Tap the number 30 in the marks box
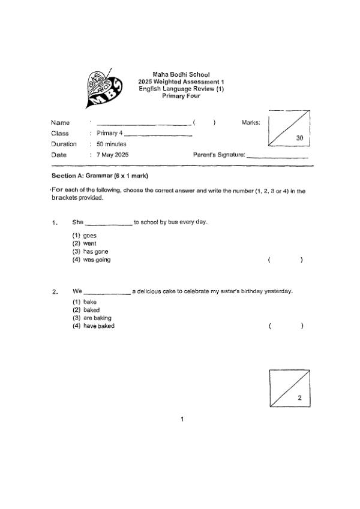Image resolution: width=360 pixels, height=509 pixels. point(302,138)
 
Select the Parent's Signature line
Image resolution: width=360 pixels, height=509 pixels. point(277,156)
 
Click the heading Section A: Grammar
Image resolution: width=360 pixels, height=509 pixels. point(100,176)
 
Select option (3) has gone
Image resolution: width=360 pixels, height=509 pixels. point(91,252)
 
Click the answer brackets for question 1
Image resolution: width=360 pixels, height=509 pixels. point(285,260)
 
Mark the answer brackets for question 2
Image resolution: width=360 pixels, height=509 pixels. point(286,326)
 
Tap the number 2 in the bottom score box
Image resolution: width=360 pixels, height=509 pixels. point(299,398)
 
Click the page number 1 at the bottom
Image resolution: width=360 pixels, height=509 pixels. point(182,418)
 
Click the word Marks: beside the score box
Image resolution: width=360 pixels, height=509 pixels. point(251,122)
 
